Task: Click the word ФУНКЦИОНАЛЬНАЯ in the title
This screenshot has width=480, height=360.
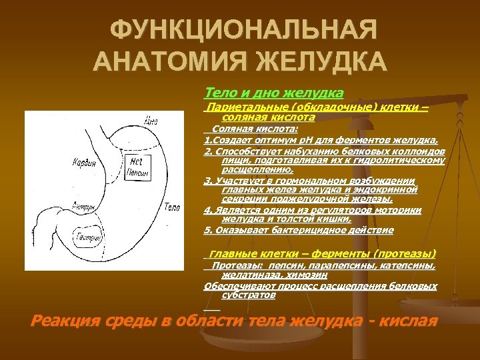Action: pos(243,30)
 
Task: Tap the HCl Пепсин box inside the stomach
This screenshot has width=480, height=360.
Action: pos(137,164)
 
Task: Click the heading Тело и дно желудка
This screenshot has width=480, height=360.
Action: pos(274,91)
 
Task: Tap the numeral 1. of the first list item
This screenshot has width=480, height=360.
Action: pos(207,140)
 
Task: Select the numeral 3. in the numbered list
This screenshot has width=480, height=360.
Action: pos(207,181)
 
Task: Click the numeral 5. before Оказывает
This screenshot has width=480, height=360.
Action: pos(207,230)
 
